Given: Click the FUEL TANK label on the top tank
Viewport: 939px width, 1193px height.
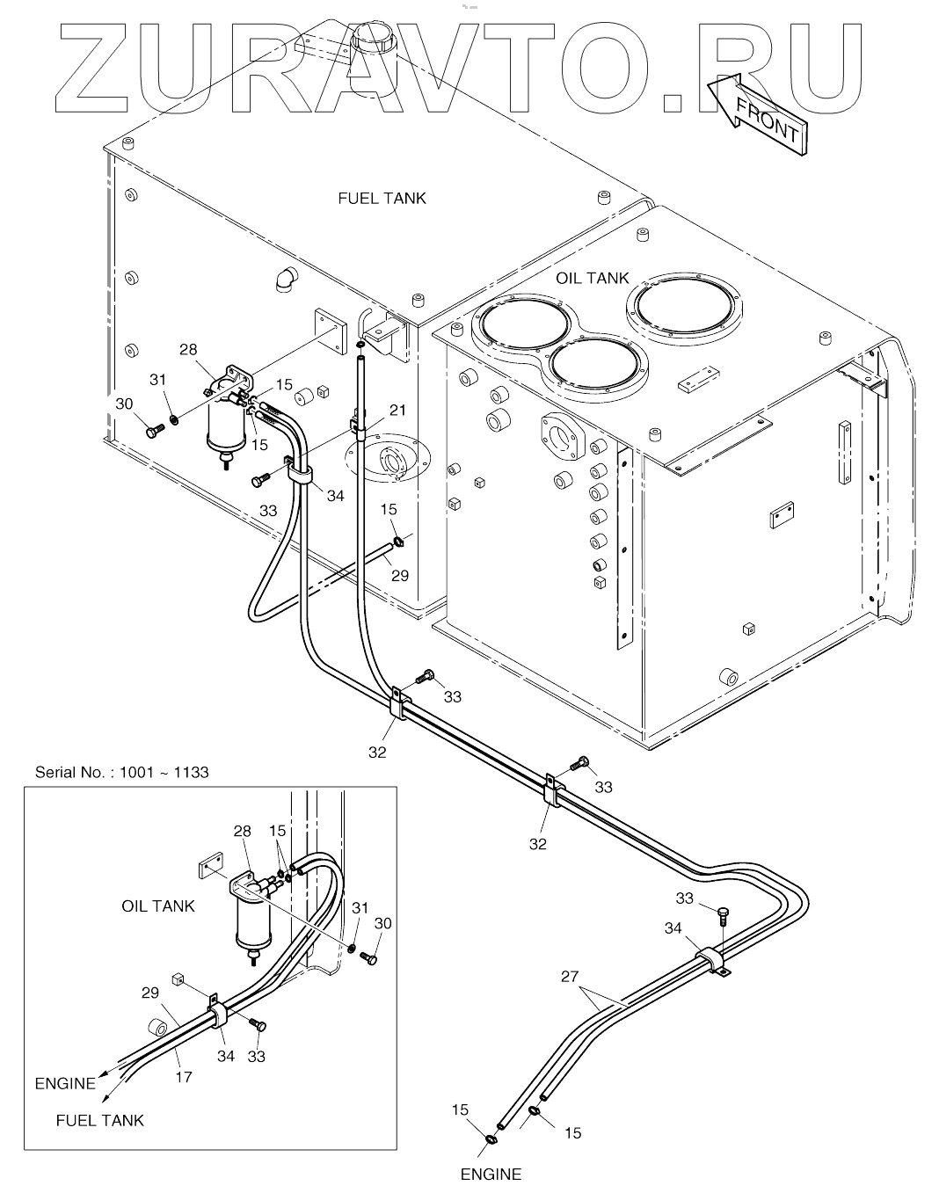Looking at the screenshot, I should point(382,198).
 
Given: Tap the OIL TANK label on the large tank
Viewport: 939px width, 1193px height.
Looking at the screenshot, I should point(592,278).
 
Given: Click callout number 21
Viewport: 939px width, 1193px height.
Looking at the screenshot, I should point(397,410).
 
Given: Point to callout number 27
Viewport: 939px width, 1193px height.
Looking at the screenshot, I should point(570,976).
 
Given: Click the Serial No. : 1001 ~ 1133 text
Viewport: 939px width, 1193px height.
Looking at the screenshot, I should point(122,772).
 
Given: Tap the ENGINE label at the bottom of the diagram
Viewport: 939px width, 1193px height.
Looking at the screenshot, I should point(491,1174).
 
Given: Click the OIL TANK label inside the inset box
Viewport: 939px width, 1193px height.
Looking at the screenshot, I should point(158,906).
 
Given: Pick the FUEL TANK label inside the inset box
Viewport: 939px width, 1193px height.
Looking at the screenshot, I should point(99,1120).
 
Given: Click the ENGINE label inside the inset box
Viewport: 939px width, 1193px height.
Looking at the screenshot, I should point(65,1083).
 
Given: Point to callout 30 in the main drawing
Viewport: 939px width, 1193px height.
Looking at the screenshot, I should point(124,404).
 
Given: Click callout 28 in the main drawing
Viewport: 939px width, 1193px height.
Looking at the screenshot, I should point(188,350).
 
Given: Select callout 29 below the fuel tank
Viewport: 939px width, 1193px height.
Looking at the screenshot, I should point(400,576).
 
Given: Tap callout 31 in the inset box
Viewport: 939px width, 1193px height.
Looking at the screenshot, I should point(360,907).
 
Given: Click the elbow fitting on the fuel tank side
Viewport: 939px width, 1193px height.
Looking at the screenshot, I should point(285,279).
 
